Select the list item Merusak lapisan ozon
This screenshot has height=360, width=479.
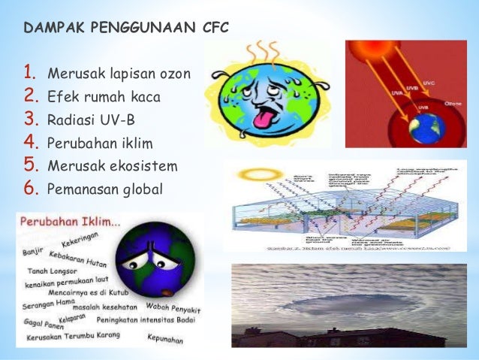click(x=119, y=74)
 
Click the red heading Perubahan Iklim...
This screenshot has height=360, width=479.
click(x=68, y=224)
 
